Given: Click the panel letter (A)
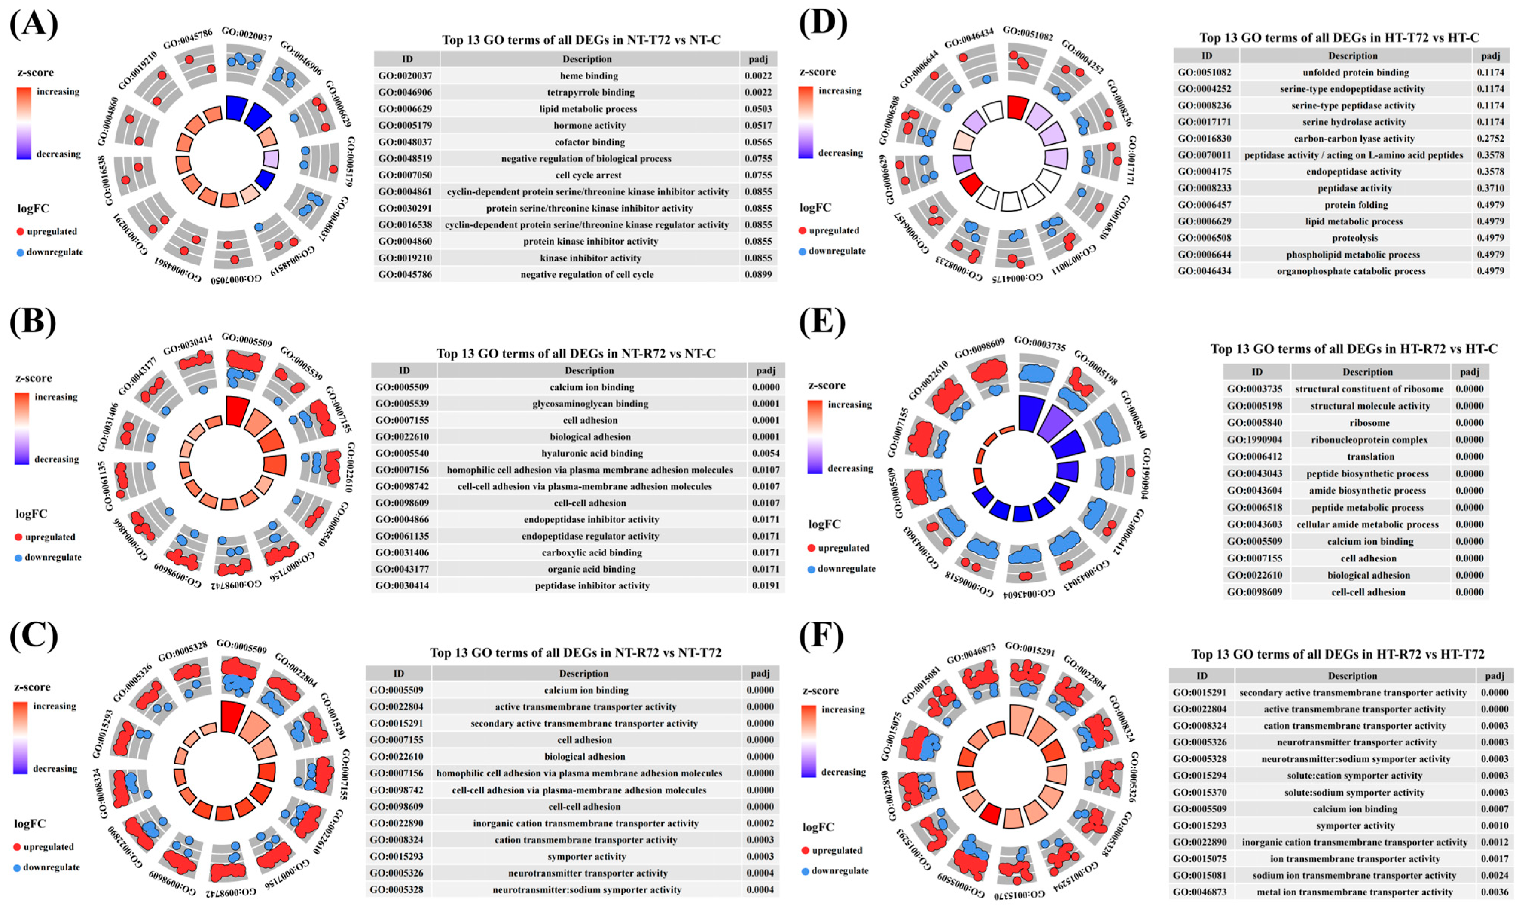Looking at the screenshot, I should [x=34, y=24].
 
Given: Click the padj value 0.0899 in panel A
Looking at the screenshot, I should [x=758, y=274].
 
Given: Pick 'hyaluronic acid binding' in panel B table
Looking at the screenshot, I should [x=592, y=453].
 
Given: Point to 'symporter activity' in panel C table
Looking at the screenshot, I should [x=586, y=856].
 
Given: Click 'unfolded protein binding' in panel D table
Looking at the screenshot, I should [x=1355, y=72].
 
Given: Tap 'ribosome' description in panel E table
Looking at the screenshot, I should [x=1369, y=423].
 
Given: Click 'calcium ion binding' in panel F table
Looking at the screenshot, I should [x=1354, y=809].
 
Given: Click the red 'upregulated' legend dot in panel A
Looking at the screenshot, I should [x=20, y=232].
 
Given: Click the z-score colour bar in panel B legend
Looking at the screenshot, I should [x=22, y=428].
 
